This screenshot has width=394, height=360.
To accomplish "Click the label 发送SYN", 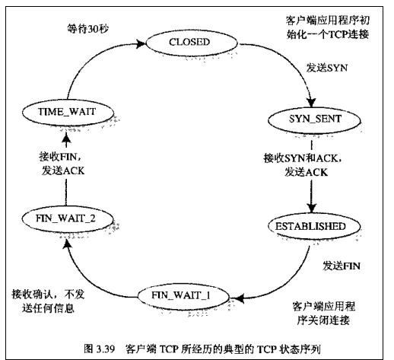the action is pyautogui.click(x=326, y=68).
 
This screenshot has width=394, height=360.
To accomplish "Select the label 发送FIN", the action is pyautogui.click(x=341, y=266).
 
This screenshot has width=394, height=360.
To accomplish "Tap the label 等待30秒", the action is pyautogui.click(x=87, y=29).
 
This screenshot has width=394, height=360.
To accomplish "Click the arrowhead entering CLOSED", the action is pyautogui.click(x=141, y=43).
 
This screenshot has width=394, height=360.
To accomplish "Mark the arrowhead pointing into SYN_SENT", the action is pyautogui.click(x=311, y=102).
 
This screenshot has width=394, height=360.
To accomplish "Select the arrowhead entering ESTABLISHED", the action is pyautogui.click(x=312, y=208).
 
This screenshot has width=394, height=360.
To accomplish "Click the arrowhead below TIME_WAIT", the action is pyautogui.click(x=66, y=139).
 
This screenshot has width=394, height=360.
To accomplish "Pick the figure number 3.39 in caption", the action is pyautogui.click(x=106, y=349).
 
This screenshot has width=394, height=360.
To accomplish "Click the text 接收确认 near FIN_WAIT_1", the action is pyautogui.click(x=32, y=295).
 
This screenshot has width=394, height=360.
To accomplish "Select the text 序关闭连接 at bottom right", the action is pyautogui.click(x=323, y=320).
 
